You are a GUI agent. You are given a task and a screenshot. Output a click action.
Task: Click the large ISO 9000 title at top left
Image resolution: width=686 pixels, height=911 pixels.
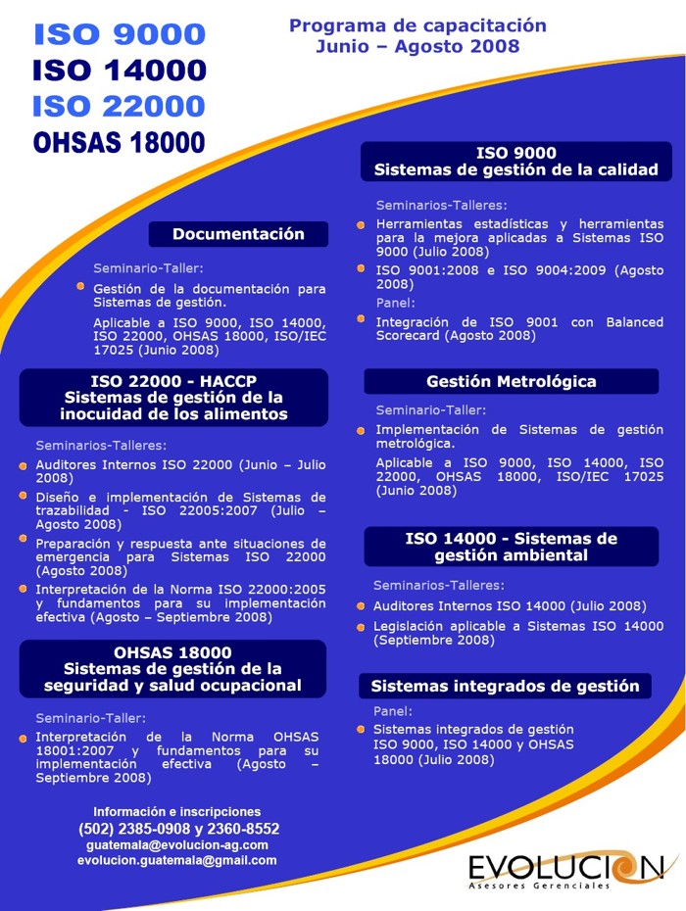tap(120, 35)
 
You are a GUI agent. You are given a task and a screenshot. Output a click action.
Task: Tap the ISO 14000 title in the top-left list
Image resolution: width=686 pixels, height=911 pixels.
tap(120, 71)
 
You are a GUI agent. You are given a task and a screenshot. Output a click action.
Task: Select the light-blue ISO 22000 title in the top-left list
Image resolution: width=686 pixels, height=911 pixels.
tap(120, 106)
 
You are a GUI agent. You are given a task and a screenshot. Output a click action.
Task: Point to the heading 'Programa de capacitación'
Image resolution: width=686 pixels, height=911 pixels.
tap(417, 25)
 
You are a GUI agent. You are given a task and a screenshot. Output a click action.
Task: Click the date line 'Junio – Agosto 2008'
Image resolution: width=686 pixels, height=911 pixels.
tap(417, 46)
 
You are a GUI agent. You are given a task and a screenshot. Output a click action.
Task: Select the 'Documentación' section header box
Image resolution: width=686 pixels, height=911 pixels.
tap(238, 234)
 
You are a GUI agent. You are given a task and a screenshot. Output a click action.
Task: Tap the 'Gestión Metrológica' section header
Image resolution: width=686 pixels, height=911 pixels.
tap(511, 381)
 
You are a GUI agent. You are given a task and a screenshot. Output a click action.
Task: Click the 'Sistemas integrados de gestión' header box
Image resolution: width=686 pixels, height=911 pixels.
tap(505, 686)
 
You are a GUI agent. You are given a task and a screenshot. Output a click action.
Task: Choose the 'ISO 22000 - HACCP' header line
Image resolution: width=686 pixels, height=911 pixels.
tap(173, 381)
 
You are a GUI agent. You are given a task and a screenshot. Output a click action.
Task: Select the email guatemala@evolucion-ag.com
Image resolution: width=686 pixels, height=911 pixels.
tap(177, 844)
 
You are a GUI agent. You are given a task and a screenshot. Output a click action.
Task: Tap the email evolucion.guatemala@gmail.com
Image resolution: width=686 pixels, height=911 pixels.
tap(177, 860)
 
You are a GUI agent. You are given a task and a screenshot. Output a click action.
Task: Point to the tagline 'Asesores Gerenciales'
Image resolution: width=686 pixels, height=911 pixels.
tap(539, 886)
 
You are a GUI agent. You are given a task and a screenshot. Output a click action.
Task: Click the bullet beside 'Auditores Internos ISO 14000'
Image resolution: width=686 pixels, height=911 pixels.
tap(362, 606)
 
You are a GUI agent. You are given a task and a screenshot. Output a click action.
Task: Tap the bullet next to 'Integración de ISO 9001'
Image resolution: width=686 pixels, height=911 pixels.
tap(362, 322)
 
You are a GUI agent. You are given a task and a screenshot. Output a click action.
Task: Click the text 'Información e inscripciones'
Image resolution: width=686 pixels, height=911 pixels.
tap(177, 811)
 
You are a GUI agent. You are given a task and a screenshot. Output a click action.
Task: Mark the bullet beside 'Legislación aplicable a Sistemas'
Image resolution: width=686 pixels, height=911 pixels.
tap(362, 627)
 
